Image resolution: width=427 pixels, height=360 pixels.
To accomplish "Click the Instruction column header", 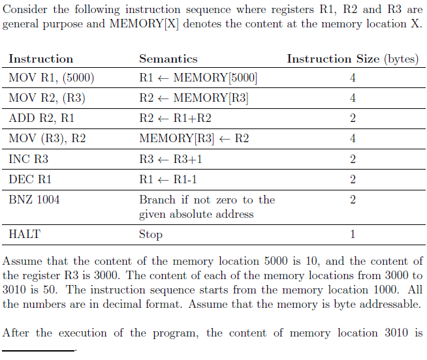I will (x=40, y=59).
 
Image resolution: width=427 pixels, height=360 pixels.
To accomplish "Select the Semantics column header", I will (x=168, y=59).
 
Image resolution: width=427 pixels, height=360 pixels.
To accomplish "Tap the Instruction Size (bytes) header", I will (x=352, y=59).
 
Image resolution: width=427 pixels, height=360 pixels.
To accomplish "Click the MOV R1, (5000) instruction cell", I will (x=52, y=78).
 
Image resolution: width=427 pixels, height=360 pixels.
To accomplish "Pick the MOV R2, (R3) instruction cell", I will (x=48, y=98).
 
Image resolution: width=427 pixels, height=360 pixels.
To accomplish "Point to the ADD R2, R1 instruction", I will (x=42, y=119).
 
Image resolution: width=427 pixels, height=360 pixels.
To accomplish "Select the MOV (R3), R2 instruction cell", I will (x=48, y=138).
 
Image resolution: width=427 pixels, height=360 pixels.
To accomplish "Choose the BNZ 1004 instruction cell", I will (x=34, y=200).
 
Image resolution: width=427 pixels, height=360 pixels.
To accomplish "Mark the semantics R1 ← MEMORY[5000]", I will (x=198, y=78).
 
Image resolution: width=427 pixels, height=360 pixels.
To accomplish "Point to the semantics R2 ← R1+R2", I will (x=175, y=119).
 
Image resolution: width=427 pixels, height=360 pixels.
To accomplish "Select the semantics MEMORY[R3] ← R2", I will (x=194, y=138).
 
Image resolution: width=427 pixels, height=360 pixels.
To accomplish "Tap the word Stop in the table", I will (x=151, y=234).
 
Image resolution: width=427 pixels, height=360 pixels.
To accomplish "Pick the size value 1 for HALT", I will (x=353, y=234).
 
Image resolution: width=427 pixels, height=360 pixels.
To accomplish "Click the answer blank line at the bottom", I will (x=39, y=350).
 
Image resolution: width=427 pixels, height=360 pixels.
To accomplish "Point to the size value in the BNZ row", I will (x=353, y=200).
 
